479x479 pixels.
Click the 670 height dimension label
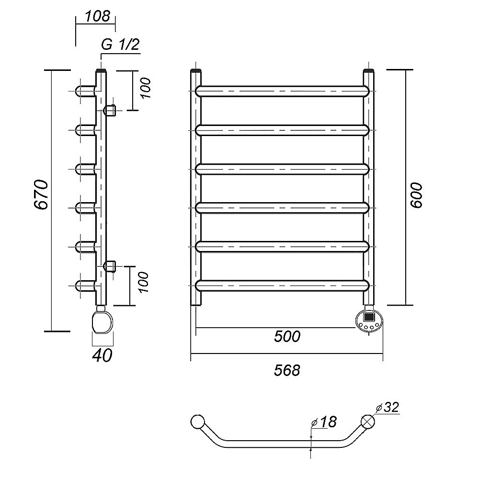[41, 194]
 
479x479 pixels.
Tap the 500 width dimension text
[287, 337]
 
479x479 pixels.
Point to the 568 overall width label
[287, 370]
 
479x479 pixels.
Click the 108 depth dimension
[97, 16]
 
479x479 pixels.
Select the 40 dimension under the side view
[103, 355]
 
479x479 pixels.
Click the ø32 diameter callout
[388, 408]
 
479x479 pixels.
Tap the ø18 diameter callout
[324, 422]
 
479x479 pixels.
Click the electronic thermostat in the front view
[369, 319]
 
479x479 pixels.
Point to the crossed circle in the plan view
[368, 422]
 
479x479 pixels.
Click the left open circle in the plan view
[197, 422]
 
